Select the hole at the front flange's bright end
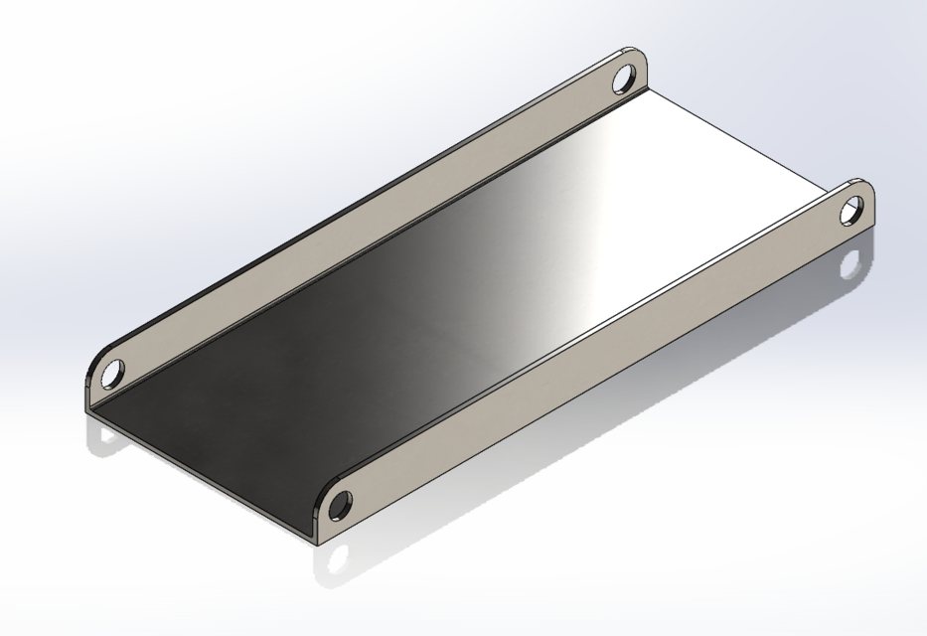pyautogui.click(x=851, y=211)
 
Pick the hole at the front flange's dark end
pyautogui.click(x=339, y=505)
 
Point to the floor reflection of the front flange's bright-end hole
pyautogui.click(x=850, y=265)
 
